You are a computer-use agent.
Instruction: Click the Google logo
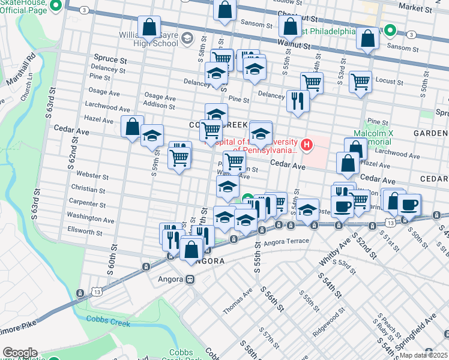click(20, 353)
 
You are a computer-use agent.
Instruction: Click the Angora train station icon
click(190, 279)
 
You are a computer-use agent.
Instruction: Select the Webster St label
click(92, 176)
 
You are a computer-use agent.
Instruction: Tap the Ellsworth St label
click(85, 231)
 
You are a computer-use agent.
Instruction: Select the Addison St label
click(159, 105)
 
